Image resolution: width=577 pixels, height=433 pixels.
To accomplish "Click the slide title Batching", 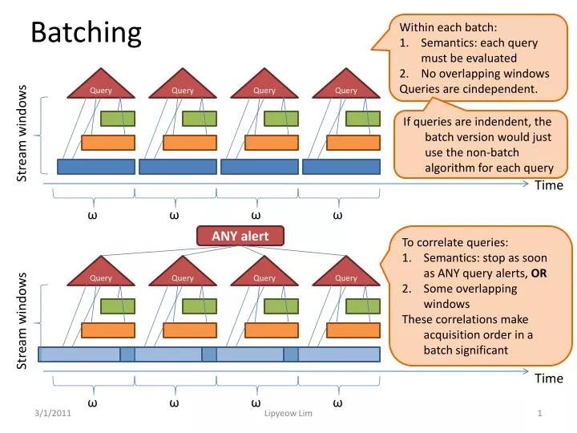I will click(x=86, y=33).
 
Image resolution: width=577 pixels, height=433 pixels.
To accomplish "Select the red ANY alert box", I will click(x=241, y=235).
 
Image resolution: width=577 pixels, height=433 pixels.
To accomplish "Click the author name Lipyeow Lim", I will click(x=288, y=412).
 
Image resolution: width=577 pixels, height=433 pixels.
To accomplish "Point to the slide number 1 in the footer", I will click(x=541, y=412).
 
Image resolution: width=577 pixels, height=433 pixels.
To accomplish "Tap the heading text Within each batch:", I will click(x=442, y=27).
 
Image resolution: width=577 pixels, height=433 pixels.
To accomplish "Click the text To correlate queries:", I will click(x=455, y=243).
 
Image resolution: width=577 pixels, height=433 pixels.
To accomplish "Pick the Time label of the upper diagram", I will click(x=549, y=185).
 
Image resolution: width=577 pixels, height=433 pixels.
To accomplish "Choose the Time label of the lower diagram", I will click(x=549, y=378).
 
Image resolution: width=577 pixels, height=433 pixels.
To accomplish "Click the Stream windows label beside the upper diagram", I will click(x=22, y=132).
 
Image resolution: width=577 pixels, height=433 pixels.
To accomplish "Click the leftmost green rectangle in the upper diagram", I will click(x=117, y=119).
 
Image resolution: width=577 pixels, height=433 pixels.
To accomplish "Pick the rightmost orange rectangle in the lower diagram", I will click(x=352, y=330).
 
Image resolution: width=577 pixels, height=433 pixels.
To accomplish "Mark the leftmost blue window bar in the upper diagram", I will click(x=96, y=167).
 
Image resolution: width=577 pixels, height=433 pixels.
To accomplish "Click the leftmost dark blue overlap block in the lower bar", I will click(x=127, y=354).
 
